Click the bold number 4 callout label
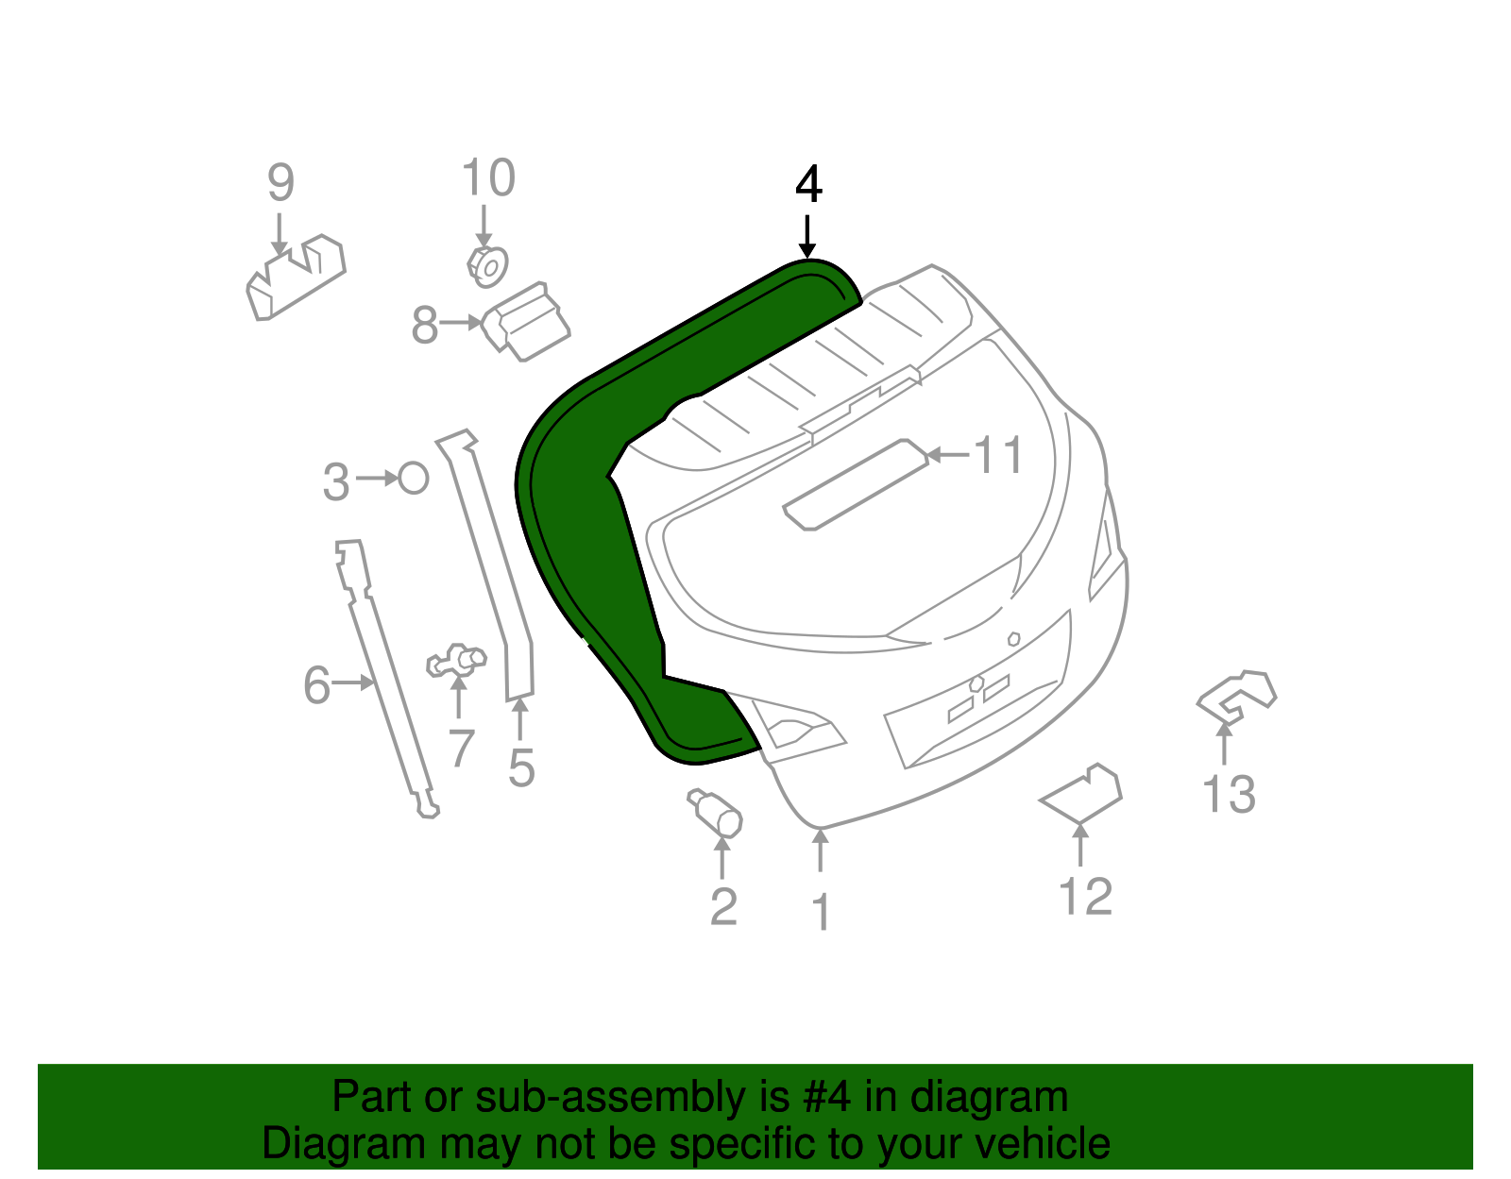808,185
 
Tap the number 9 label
280,182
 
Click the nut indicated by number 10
487,266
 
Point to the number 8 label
424,326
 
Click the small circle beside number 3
414,479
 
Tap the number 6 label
316,684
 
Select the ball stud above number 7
457,661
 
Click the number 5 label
521,766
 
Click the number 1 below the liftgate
821,912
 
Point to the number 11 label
998,456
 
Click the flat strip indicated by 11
856,483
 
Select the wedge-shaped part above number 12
1082,794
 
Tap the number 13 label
1229,794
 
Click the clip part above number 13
1236,696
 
